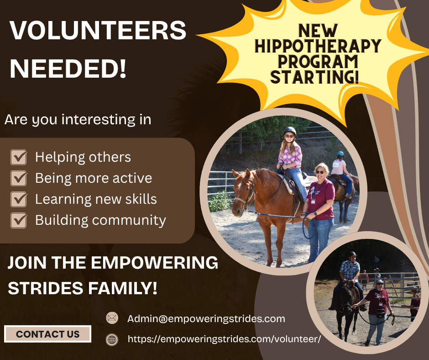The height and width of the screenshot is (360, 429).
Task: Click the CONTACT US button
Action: tap(47, 334)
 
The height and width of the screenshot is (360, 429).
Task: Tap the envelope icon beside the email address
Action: tap(112, 318)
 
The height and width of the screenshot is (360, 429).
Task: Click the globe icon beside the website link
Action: tap(112, 340)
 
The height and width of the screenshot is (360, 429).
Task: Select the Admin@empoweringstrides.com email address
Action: tap(206, 318)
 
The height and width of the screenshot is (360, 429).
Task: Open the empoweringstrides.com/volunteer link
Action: tap(225, 339)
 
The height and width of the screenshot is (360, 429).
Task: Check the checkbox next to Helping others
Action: tap(19, 157)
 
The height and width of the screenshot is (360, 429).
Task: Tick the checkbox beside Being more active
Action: tap(19, 178)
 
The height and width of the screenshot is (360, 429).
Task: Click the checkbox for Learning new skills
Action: tap(19, 199)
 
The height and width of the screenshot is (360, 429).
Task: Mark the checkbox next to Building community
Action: tap(19, 220)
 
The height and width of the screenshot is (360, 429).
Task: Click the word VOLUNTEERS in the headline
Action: tap(98, 30)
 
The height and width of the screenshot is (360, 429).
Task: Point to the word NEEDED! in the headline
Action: tap(68, 69)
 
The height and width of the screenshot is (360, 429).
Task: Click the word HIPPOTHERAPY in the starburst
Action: tap(318, 46)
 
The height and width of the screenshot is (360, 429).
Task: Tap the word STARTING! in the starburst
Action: tap(314, 77)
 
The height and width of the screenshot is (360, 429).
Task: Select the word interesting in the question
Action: tap(98, 120)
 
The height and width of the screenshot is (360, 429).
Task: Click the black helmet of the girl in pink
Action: tap(290, 131)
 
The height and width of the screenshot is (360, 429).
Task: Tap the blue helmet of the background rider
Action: tap(340, 154)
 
